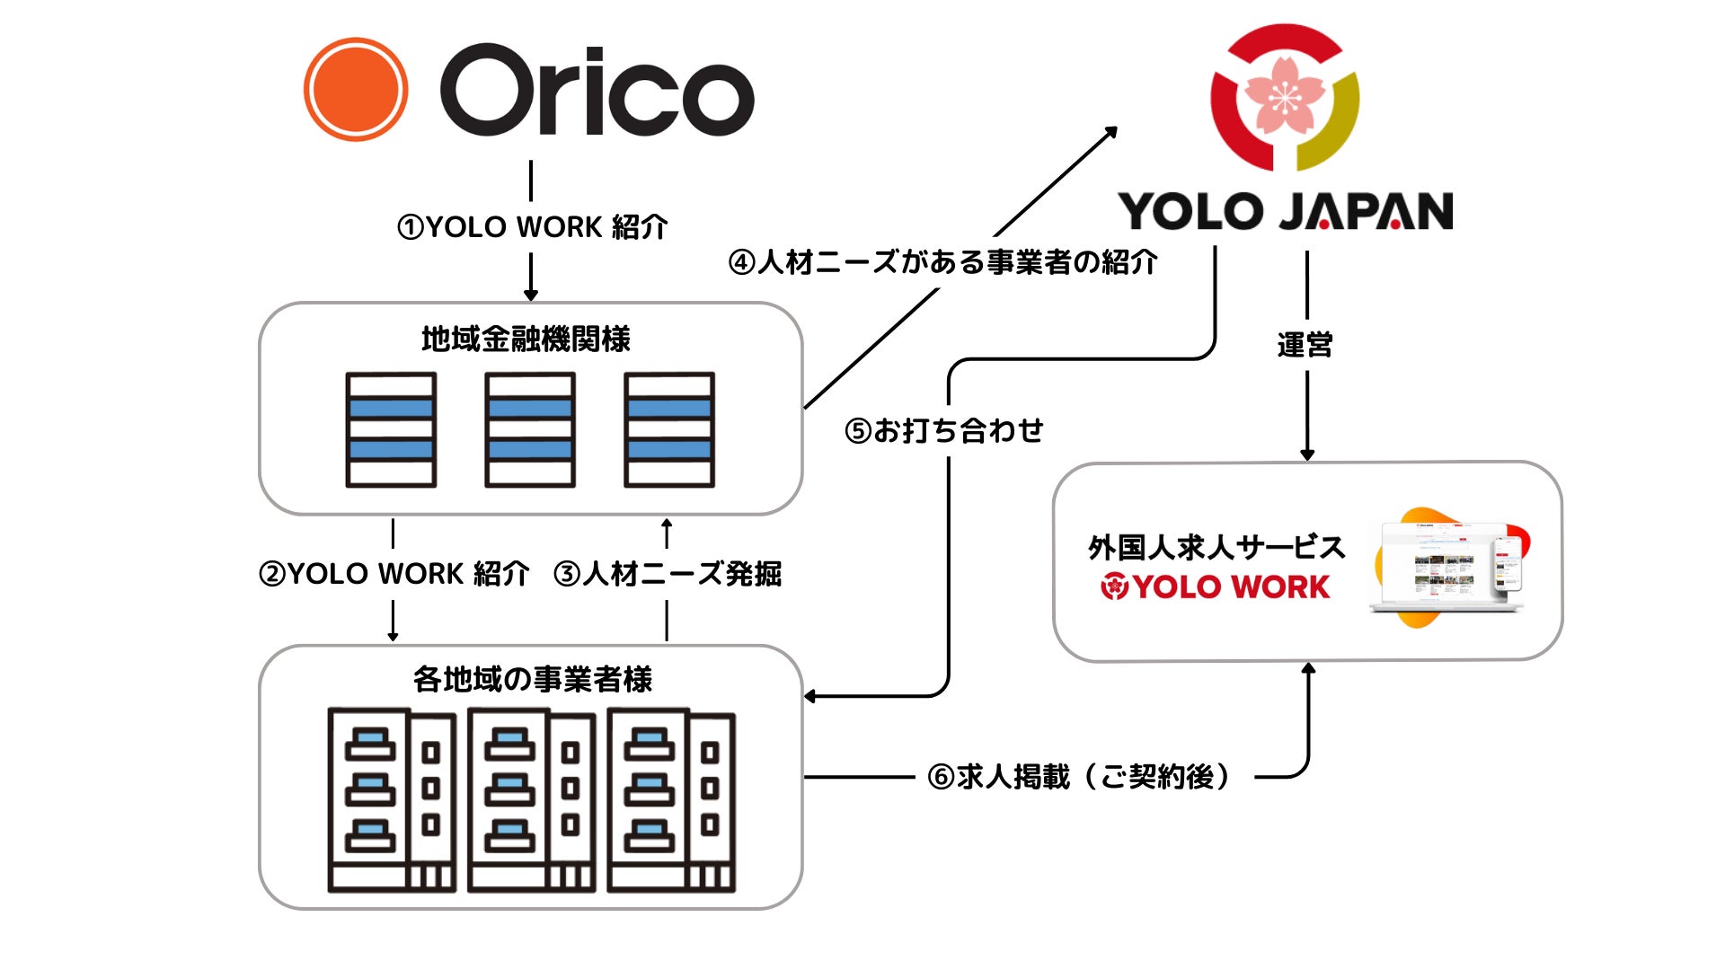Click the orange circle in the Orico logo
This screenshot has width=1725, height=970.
pyautogui.click(x=356, y=90)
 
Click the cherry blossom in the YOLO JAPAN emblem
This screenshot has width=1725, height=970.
pyautogui.click(x=1285, y=94)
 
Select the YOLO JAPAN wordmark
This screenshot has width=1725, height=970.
pyautogui.click(x=1285, y=212)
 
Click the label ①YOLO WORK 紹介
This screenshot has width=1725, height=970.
pyautogui.click(x=532, y=227)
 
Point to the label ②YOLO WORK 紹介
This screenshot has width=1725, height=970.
pyautogui.click(x=394, y=574)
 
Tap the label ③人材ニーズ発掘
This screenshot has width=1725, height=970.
pyautogui.click(x=668, y=574)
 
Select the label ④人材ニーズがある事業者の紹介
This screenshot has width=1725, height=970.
pyautogui.click(x=942, y=262)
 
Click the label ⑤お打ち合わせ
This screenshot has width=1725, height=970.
pyautogui.click(x=943, y=431)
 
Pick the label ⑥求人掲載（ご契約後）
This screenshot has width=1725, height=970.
pyautogui.click(x=1078, y=777)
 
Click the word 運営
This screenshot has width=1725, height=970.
pyautogui.click(x=1305, y=345)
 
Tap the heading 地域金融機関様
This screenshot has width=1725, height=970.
pyautogui.click(x=526, y=339)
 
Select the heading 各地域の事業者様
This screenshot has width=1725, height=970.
pyautogui.click(x=532, y=680)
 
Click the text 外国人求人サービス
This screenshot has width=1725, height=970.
pyautogui.click(x=1216, y=547)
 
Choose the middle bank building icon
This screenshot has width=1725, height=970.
pyautogui.click(x=530, y=430)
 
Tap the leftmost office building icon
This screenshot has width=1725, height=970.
pyautogui.click(x=392, y=800)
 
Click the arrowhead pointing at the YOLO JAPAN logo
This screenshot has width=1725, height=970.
pyautogui.click(x=1111, y=132)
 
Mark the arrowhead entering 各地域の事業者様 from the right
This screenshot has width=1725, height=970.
pyautogui.click(x=809, y=696)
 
